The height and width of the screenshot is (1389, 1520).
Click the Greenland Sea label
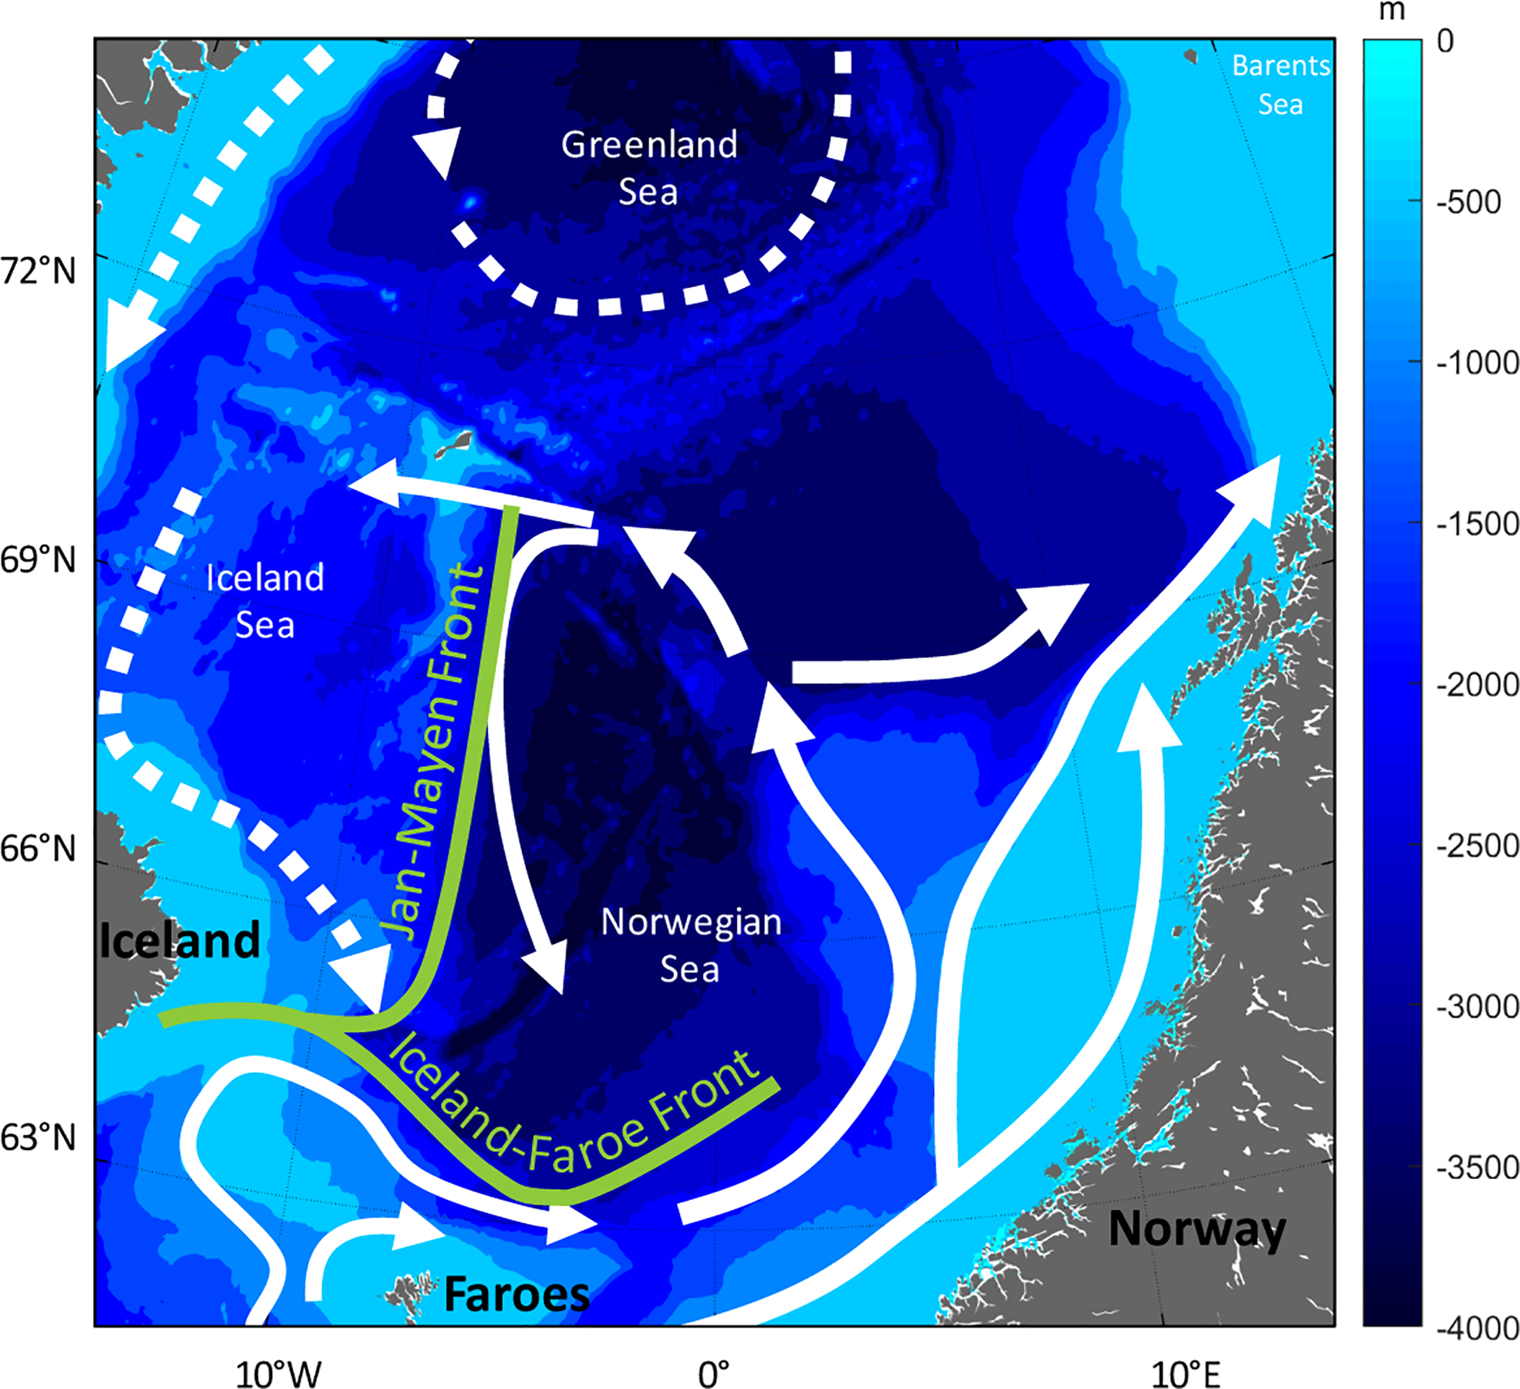649,167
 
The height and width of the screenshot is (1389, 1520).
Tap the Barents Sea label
1281,85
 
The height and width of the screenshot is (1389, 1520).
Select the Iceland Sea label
265,601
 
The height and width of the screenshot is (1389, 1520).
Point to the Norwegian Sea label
691,945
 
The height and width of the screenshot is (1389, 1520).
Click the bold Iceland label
180,941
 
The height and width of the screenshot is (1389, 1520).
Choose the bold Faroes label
516,1294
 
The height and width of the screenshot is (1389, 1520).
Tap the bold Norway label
1197,1229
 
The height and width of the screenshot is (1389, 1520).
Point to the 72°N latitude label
39,272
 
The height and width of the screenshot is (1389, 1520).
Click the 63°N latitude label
39,1137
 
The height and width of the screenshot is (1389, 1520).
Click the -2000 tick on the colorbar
1477,684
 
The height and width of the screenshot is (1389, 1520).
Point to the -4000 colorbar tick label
1477,1328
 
